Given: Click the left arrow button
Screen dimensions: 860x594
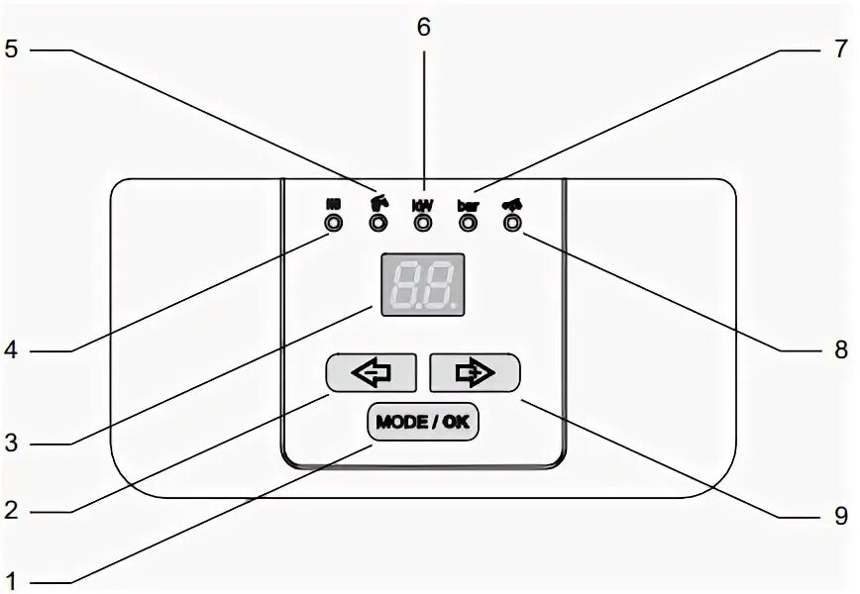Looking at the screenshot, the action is click(373, 373).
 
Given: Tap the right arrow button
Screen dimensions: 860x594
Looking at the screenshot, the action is click(475, 373).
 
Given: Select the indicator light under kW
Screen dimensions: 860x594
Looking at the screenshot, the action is click(423, 224).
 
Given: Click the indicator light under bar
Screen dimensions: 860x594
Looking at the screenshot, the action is click(468, 224).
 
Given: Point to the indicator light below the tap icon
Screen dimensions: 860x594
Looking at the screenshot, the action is click(377, 224).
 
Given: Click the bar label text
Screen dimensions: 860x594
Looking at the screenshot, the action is click(468, 205).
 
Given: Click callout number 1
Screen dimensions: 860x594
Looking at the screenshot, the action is click(12, 577).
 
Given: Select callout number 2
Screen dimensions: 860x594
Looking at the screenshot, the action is click(12, 511).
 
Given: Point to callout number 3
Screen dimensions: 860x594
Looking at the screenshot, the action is click(12, 444).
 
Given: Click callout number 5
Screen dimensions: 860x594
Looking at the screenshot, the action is click(11, 49).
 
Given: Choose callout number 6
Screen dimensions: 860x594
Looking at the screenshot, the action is click(423, 27).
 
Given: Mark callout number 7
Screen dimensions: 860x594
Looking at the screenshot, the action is click(840, 49).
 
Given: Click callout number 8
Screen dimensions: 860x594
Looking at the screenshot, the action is click(840, 349).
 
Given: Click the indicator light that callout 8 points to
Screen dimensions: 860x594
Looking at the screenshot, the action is click(512, 224).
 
